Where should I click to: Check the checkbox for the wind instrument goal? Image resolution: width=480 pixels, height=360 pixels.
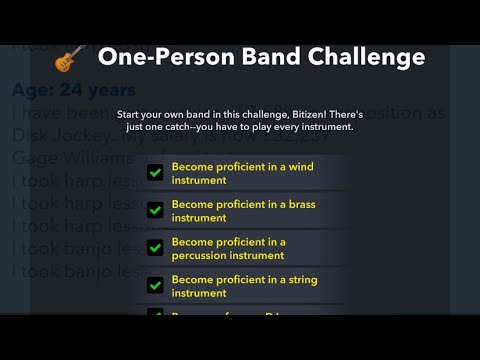pyautogui.click(x=155, y=173)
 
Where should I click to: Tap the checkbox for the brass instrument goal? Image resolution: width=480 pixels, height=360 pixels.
pyautogui.click(x=155, y=210)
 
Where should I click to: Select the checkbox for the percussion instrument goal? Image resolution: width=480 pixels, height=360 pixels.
pyautogui.click(x=155, y=248)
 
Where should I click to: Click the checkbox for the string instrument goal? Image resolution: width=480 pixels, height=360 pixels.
pyautogui.click(x=155, y=286)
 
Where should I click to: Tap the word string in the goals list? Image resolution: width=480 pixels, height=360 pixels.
pyautogui.click(x=300, y=280)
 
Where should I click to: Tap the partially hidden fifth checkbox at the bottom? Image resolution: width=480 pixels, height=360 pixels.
pyautogui.click(x=155, y=315)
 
